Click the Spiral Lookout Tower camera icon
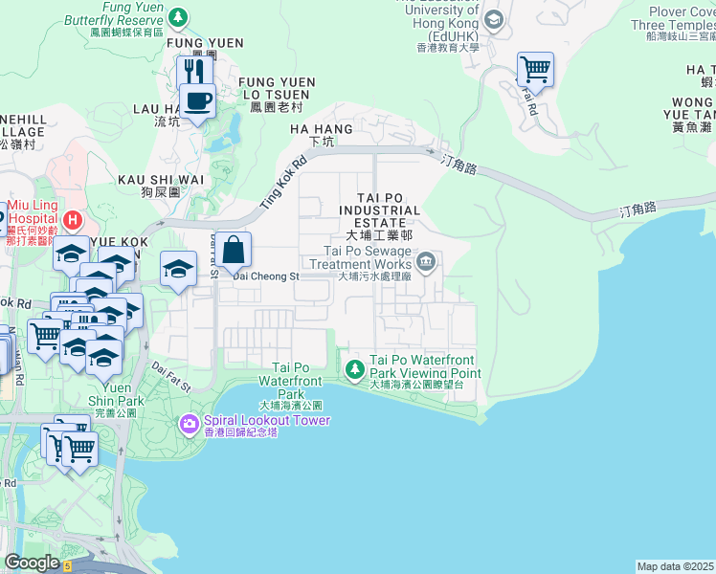190,422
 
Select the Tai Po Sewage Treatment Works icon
427,260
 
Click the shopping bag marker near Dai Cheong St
233,251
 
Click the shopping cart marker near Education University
535,69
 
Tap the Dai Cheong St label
267,276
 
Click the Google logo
32,563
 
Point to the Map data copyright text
676,566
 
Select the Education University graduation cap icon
493,19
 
